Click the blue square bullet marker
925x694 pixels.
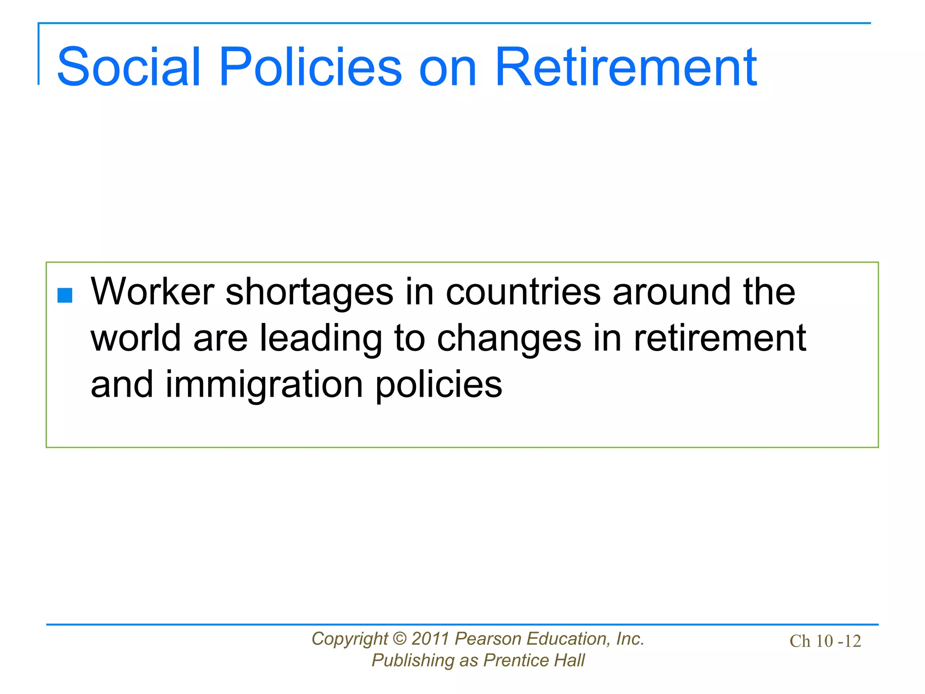(65, 295)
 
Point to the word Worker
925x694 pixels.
(152, 291)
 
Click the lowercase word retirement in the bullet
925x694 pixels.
(720, 338)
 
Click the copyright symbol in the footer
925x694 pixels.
(400, 639)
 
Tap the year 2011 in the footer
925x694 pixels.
(430, 639)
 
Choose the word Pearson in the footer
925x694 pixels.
(488, 639)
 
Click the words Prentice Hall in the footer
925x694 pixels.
(534, 661)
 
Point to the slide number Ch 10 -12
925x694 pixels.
(825, 641)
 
